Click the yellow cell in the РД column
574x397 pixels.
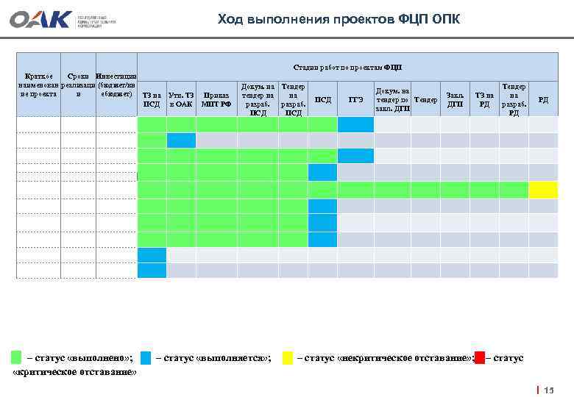click(x=543, y=190)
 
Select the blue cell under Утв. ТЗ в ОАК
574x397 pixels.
click(x=181, y=140)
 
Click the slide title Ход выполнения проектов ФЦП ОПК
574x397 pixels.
click(x=339, y=19)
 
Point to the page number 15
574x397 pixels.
click(x=548, y=390)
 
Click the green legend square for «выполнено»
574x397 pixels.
click(x=16, y=358)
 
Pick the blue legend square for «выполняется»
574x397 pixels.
click(x=146, y=358)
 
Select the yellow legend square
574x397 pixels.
click(x=287, y=358)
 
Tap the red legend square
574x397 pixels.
click(x=480, y=358)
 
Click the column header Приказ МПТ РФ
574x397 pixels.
click(x=216, y=100)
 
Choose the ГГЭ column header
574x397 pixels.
click(x=355, y=100)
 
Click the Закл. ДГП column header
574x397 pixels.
click(x=455, y=100)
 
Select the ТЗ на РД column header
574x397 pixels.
click(x=484, y=100)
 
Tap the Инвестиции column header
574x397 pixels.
click(x=116, y=85)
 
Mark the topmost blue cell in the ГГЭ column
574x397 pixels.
click(x=355, y=124)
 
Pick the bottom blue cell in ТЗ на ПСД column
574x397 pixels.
click(x=152, y=270)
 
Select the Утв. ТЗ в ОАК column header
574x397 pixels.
click(x=181, y=100)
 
